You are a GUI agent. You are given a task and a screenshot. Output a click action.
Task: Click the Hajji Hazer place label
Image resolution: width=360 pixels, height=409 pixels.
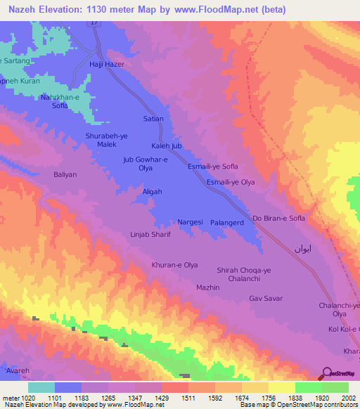tap(106, 64)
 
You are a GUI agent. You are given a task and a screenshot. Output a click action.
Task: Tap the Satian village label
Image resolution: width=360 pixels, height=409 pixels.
tap(153, 119)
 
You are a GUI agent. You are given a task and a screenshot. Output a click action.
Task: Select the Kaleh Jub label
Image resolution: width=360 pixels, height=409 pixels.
tap(167, 145)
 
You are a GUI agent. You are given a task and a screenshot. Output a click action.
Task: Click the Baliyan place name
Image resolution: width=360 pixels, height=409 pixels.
tap(65, 174)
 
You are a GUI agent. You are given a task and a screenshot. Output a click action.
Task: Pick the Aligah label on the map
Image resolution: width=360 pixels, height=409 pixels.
tap(152, 192)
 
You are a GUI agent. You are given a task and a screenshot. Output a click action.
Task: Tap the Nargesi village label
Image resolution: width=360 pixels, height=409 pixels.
tap(190, 222)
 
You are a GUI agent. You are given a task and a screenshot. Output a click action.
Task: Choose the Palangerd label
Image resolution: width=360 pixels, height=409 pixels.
tap(226, 223)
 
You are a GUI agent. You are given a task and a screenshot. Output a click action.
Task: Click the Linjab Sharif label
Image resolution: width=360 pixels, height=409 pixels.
tap(150, 235)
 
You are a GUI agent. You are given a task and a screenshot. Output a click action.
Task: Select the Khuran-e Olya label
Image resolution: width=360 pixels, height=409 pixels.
tap(175, 265)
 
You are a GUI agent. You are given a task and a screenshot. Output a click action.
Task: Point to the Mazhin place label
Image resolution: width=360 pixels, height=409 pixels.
tap(208, 288)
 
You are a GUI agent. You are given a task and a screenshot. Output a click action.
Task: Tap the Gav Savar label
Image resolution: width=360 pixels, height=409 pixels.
tap(266, 299)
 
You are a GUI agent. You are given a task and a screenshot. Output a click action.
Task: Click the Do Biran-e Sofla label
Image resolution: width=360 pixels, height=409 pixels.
tap(278, 219)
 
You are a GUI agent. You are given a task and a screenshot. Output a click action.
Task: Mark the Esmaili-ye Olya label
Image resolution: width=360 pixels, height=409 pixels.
tap(229, 182)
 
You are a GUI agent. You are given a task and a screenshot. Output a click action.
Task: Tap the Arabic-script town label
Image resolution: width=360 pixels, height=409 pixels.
tap(302, 249)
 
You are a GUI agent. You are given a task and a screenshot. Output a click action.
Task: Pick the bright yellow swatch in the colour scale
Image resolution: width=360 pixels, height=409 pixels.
tap(281, 387)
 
